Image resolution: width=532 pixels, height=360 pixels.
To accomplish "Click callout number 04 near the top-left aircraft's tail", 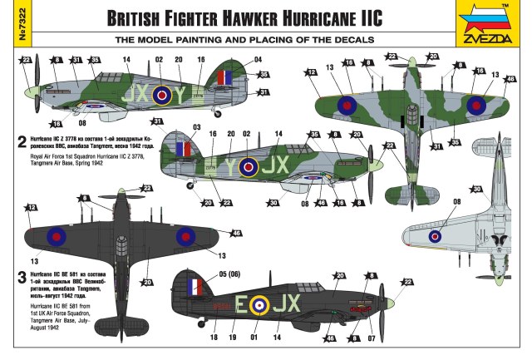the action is (x=258, y=60).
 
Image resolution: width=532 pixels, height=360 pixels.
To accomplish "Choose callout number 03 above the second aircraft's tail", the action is (x=196, y=126).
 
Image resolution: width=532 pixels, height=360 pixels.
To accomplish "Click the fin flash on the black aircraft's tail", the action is (x=195, y=288).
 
